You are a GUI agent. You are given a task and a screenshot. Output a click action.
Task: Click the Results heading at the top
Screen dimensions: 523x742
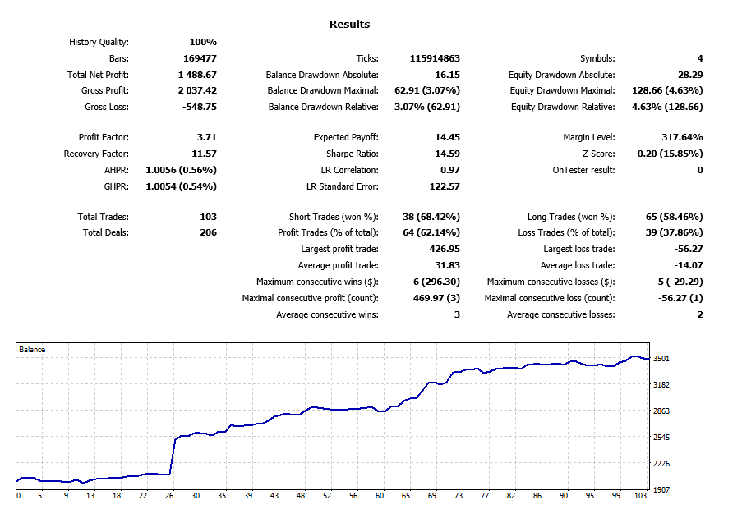(x=349, y=25)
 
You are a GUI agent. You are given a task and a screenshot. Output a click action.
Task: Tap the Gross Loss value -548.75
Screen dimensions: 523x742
(x=198, y=108)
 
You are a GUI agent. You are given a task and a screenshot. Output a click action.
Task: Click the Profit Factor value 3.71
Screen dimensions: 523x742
(x=207, y=138)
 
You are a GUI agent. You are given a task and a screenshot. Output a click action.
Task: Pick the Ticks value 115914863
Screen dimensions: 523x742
(x=434, y=58)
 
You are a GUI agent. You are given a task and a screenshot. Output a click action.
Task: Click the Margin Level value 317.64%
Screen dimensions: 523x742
(x=682, y=138)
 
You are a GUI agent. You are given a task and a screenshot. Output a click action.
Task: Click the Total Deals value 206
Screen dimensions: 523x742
(x=208, y=232)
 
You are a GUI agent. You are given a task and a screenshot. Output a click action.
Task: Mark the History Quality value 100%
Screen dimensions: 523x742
(x=203, y=42)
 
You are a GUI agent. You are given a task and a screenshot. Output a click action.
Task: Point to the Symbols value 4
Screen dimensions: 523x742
(x=700, y=58)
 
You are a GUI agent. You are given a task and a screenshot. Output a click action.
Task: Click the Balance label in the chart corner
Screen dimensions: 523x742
(x=32, y=350)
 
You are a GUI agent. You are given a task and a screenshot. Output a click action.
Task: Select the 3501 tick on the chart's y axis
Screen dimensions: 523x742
(x=661, y=358)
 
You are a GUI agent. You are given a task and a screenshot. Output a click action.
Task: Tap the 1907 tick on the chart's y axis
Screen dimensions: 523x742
(x=661, y=489)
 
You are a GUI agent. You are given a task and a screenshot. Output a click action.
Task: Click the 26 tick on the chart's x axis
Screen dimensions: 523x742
(x=169, y=496)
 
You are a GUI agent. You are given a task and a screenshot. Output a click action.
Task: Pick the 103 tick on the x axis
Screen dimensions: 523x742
(x=641, y=496)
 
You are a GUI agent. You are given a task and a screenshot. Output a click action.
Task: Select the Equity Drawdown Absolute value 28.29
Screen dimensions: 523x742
(x=689, y=75)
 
